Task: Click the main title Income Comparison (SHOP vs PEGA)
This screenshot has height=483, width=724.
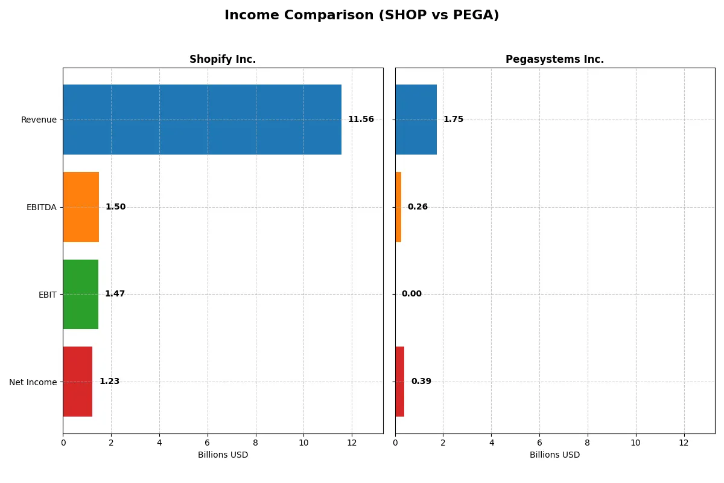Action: pyautogui.click(x=361, y=16)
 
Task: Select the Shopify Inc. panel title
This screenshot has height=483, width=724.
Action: pyautogui.click(x=223, y=59)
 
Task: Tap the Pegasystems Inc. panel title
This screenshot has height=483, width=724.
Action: pyautogui.click(x=554, y=59)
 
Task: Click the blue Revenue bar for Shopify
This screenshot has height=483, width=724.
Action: pyautogui.click(x=202, y=120)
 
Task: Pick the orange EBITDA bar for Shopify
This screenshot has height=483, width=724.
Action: pyautogui.click(x=81, y=207)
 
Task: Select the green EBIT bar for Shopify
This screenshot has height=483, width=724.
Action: pyautogui.click(x=80, y=294)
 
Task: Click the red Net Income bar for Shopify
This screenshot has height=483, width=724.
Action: pyautogui.click(x=78, y=382)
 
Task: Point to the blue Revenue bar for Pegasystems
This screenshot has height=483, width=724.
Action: pyautogui.click(x=416, y=120)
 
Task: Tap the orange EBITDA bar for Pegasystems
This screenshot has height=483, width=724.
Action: pyautogui.click(x=398, y=207)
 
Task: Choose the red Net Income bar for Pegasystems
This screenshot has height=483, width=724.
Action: pyautogui.click(x=400, y=382)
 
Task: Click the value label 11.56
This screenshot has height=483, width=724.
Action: pyautogui.click(x=361, y=120)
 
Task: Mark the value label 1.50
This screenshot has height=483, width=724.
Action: pyautogui.click(x=115, y=207)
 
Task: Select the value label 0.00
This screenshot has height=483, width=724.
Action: pyautogui.click(x=411, y=294)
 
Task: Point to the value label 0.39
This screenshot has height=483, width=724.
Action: pyautogui.click(x=421, y=382)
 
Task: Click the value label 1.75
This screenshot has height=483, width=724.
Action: pyautogui.click(x=453, y=120)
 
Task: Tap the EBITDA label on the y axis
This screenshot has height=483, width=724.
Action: pyautogui.click(x=41, y=207)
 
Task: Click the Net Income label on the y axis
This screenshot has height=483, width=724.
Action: pyautogui.click(x=33, y=382)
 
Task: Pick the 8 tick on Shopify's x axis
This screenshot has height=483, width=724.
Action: pyautogui.click(x=256, y=443)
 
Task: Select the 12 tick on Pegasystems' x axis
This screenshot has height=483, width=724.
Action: pyautogui.click(x=684, y=443)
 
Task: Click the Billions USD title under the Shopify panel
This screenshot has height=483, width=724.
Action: pyautogui.click(x=223, y=455)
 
